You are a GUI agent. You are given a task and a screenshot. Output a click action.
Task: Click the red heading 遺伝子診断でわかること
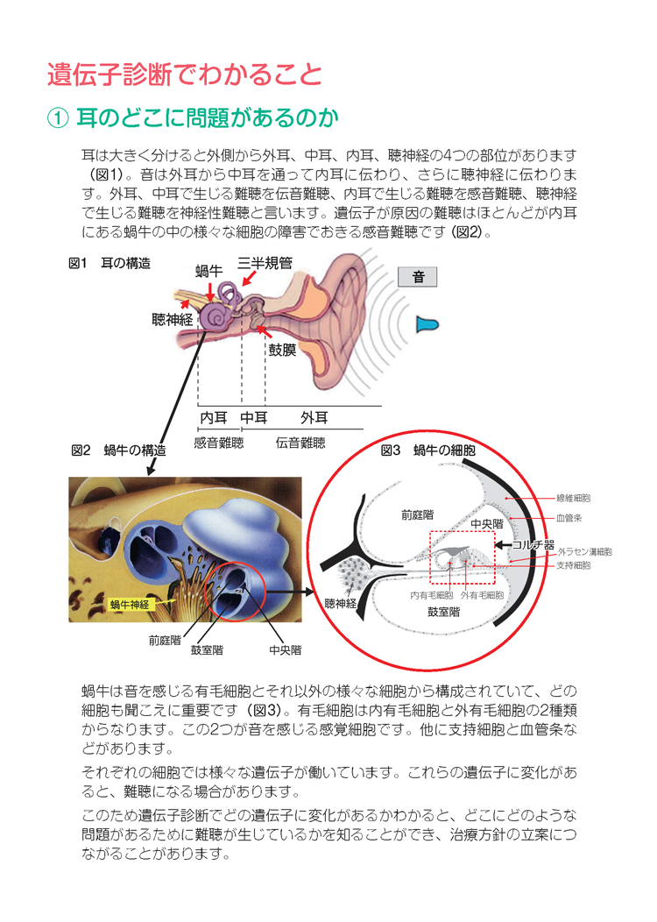(x=185, y=74)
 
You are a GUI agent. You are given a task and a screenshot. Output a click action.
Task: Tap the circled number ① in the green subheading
(x=59, y=118)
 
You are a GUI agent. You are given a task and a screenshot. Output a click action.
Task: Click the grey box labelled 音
(x=418, y=277)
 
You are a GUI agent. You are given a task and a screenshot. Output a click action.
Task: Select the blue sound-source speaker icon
(x=427, y=324)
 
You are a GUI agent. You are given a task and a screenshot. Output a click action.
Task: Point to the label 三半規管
(x=265, y=263)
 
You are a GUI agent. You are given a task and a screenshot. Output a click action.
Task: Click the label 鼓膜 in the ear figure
(x=282, y=350)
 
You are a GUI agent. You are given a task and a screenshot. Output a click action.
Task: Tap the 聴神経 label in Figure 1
(x=173, y=319)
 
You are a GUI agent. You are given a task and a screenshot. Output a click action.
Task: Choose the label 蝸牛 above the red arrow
(x=209, y=271)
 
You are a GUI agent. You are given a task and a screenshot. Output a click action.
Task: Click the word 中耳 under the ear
(x=254, y=417)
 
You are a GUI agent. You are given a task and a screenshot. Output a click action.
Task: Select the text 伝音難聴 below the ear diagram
(x=300, y=443)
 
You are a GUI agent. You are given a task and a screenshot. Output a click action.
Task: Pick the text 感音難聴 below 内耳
(x=219, y=443)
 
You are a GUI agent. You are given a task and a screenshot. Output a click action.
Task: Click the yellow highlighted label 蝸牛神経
(x=130, y=605)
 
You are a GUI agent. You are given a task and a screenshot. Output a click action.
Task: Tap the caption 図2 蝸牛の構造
(x=119, y=450)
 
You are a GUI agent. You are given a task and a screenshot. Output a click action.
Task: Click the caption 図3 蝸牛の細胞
(x=427, y=450)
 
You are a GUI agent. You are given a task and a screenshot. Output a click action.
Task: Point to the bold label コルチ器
(x=533, y=544)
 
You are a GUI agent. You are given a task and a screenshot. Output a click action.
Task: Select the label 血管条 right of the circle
(x=569, y=518)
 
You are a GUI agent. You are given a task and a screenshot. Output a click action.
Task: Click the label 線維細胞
(x=574, y=498)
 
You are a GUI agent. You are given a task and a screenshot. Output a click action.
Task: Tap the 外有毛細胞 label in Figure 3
(x=482, y=595)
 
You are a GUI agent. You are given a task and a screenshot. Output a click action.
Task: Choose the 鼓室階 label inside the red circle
(x=443, y=612)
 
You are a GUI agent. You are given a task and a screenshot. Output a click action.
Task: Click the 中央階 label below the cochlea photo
(x=285, y=649)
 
